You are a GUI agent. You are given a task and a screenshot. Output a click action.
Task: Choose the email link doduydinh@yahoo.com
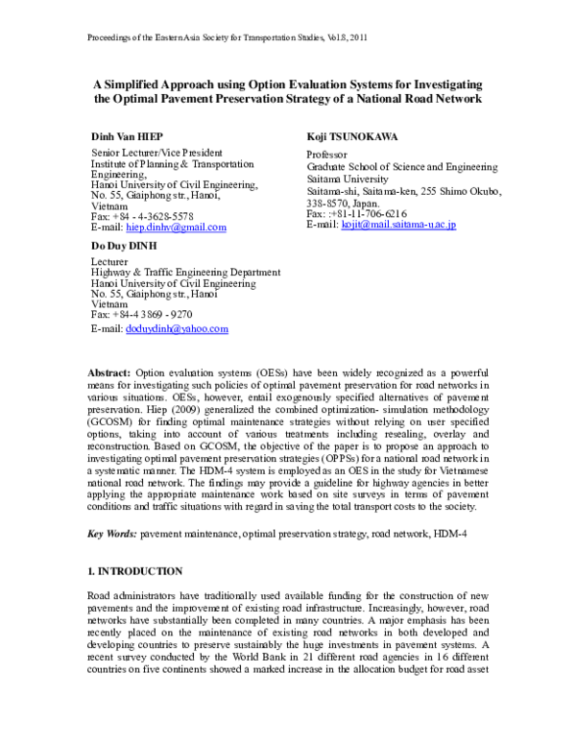(177, 328)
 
